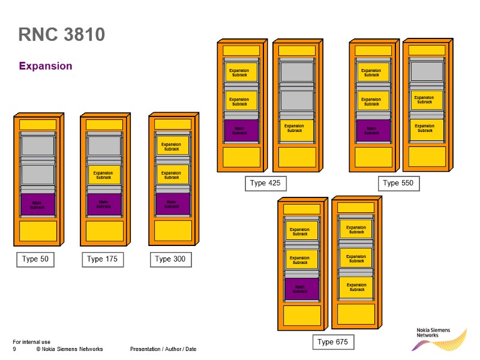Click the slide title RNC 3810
coord(62,35)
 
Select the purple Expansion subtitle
coord(46,66)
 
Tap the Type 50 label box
coord(35,259)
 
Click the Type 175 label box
coord(103,259)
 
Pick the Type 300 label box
coord(170,259)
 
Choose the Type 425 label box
coord(265,183)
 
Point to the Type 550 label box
coord(398,183)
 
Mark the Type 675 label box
coord(332,342)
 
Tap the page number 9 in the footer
coord(14,349)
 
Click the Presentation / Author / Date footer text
coord(163,349)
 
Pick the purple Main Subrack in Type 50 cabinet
coord(38,205)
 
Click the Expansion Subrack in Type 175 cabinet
coord(104,175)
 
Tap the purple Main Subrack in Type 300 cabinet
coord(172,204)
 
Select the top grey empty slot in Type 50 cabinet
coord(38,146)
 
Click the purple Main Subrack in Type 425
coord(241,130)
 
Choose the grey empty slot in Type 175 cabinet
coord(104,146)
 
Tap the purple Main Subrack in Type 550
coord(372,130)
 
